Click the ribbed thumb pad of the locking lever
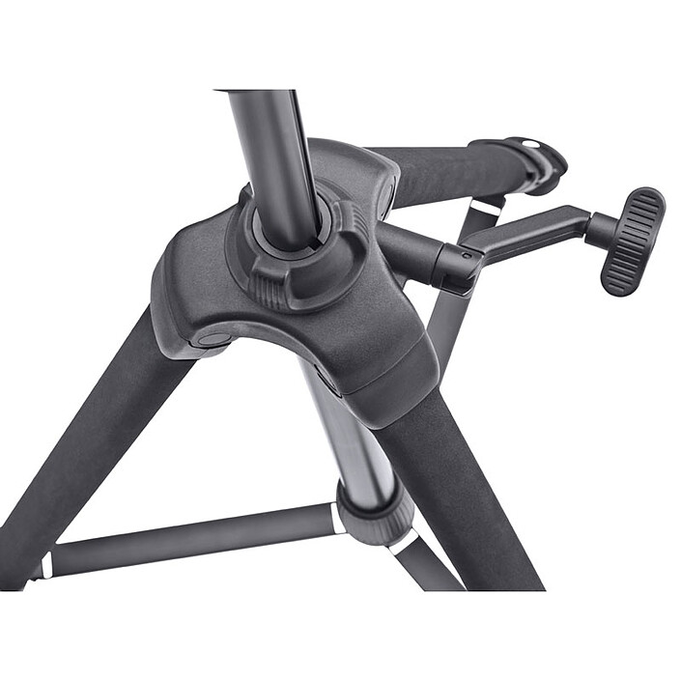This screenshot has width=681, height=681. (633, 241)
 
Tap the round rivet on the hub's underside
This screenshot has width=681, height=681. (210, 340)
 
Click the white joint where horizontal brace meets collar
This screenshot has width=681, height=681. (337, 519)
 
